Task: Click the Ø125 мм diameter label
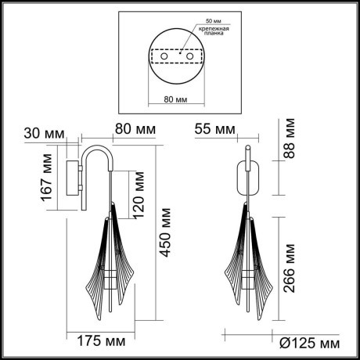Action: coord(310,343)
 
